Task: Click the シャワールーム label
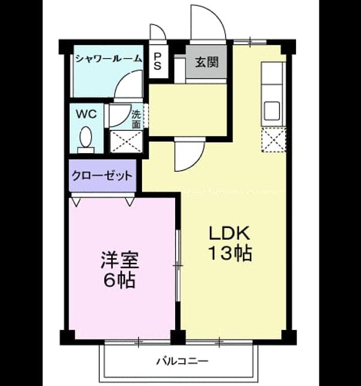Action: (x=109, y=59)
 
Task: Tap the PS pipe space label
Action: (x=158, y=62)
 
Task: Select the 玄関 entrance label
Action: (x=207, y=62)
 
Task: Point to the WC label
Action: (x=86, y=114)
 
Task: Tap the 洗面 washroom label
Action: (x=137, y=119)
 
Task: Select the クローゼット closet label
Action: (x=102, y=176)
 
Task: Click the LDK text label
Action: (x=229, y=233)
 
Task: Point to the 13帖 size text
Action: (x=230, y=253)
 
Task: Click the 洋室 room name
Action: (x=120, y=260)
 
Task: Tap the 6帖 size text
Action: (x=119, y=280)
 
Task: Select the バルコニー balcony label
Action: (x=182, y=361)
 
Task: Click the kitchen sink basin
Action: (x=271, y=110)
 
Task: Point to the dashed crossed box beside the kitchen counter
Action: (x=274, y=140)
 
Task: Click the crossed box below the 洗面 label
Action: (x=126, y=142)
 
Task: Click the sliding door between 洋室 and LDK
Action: (x=179, y=265)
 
